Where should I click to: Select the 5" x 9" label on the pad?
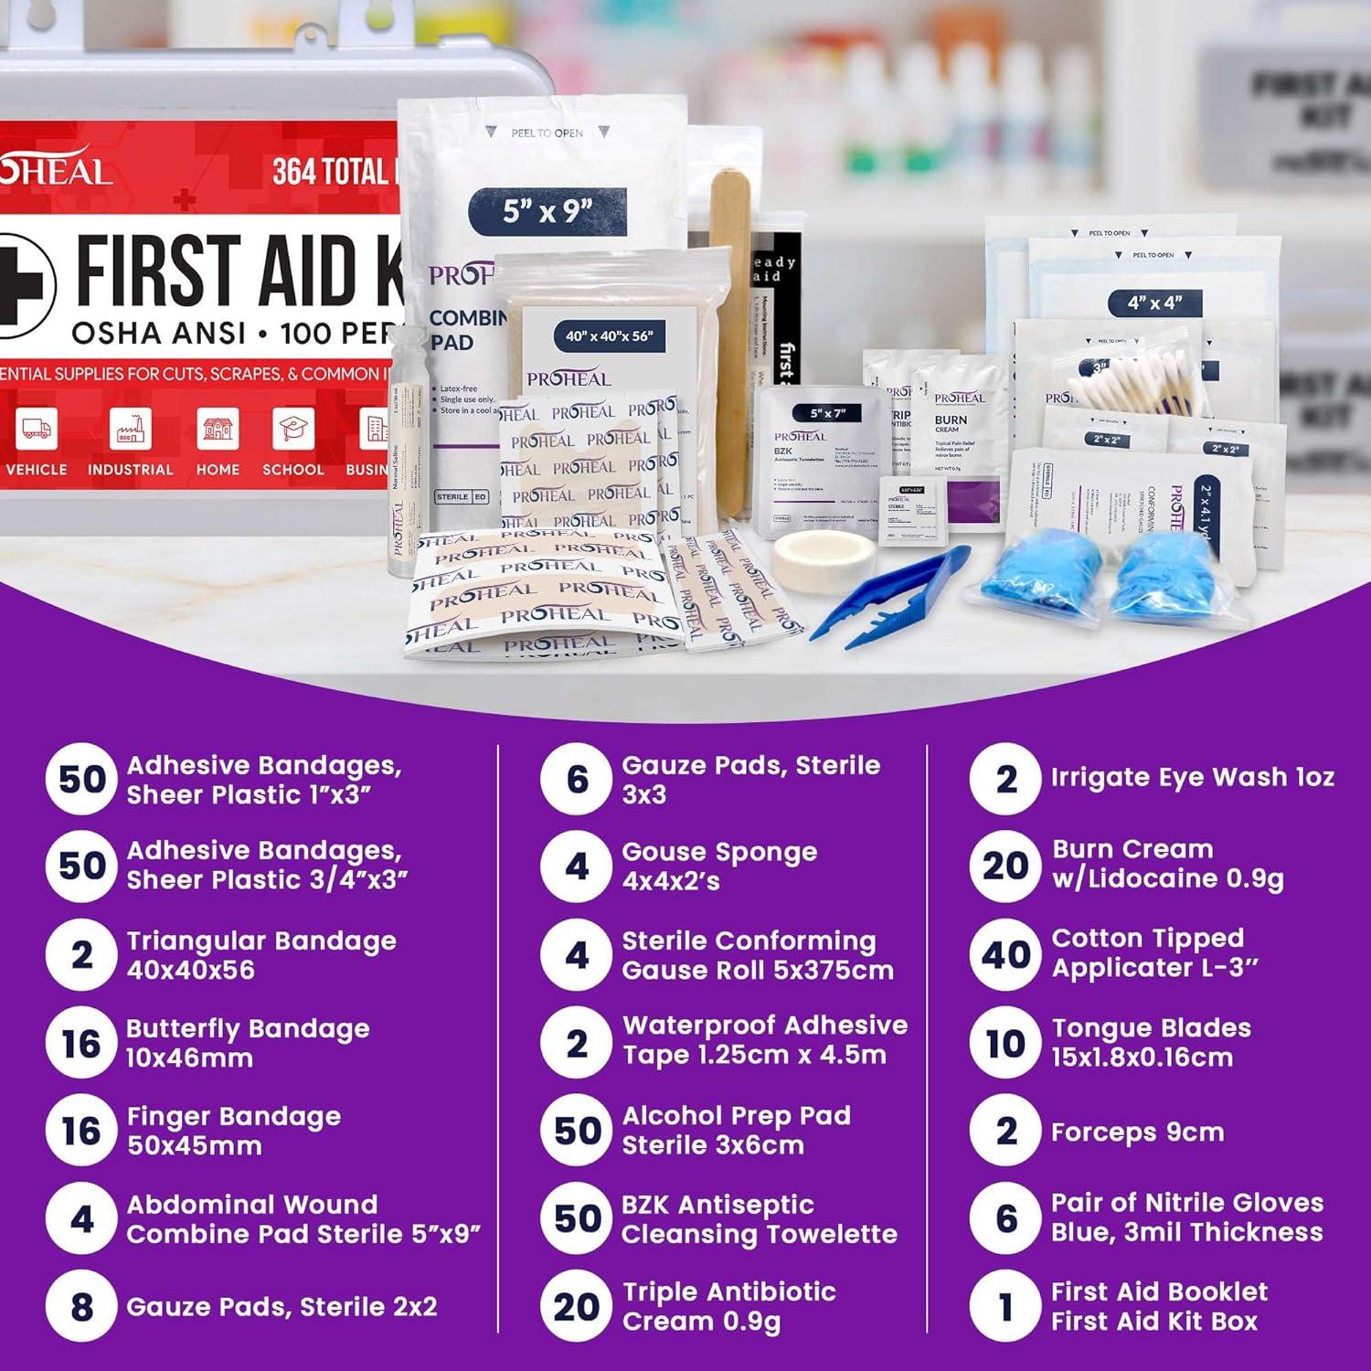click(x=547, y=212)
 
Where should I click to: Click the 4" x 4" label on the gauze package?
click(x=1154, y=303)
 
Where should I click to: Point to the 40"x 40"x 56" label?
click(x=609, y=335)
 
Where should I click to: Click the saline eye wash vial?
click(x=402, y=457)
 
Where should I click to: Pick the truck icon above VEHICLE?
click(x=37, y=429)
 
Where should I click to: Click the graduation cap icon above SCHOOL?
click(x=293, y=429)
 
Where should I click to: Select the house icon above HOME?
click(x=218, y=429)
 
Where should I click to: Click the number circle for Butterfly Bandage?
click(x=81, y=1043)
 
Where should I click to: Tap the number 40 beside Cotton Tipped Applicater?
click(x=1005, y=955)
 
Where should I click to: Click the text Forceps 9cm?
click(x=1137, y=1132)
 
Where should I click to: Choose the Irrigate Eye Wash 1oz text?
click(x=1192, y=777)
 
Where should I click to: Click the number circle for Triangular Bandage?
click(x=81, y=955)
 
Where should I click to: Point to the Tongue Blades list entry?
click(x=1150, y=1042)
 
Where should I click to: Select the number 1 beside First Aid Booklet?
click(x=1005, y=1307)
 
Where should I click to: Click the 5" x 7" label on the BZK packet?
click(x=827, y=413)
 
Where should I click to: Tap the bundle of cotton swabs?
click(x=1133, y=384)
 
